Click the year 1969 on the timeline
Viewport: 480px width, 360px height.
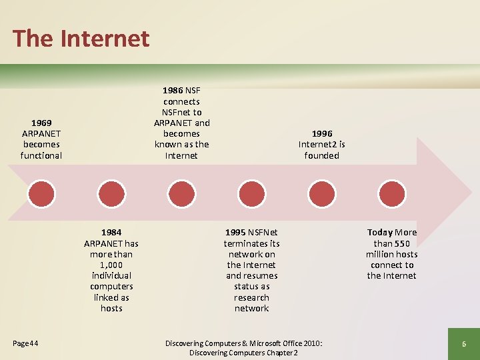(x=41, y=123)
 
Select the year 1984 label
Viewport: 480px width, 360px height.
(x=111, y=232)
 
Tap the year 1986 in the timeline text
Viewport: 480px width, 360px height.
(x=173, y=90)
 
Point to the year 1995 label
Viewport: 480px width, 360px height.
(x=235, y=232)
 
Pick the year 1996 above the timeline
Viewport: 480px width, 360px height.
(x=321, y=133)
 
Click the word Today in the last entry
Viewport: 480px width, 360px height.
(x=380, y=232)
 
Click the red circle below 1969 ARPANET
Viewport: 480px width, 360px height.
(x=41, y=193)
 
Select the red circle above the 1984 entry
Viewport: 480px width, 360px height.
(x=111, y=193)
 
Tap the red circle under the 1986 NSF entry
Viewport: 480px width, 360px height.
(x=181, y=193)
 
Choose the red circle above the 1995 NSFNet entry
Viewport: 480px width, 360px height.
(x=252, y=193)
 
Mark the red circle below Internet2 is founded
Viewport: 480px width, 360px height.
(x=322, y=193)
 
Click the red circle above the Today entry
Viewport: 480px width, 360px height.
(x=392, y=193)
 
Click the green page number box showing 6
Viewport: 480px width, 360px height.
(x=463, y=344)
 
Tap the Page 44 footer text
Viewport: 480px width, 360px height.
(x=25, y=343)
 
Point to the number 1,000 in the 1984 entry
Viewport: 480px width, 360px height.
(x=111, y=265)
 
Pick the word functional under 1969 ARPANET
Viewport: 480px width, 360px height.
(x=41, y=155)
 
